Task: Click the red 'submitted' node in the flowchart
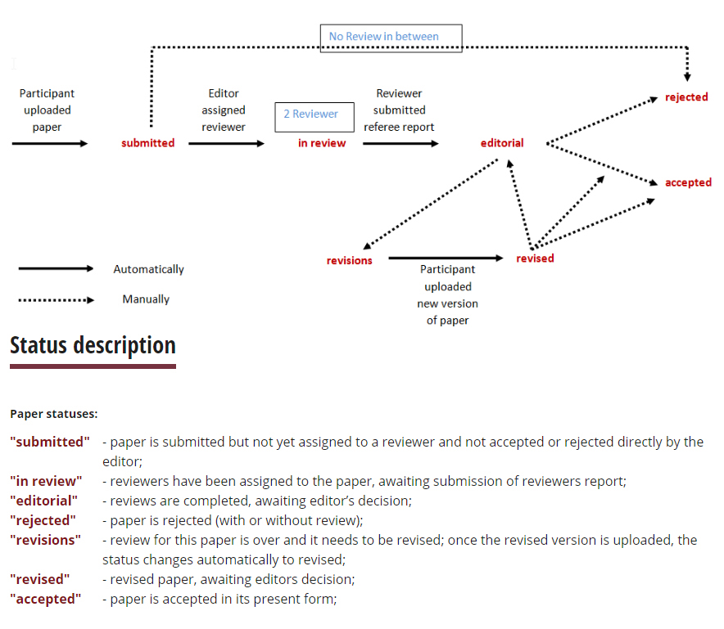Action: pos(148,143)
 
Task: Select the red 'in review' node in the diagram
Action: pos(322,143)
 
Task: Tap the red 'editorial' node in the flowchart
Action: pos(502,143)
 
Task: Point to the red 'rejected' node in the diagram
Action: pos(686,97)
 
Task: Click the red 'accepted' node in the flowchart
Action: pos(688,182)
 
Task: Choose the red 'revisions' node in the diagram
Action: pos(350,261)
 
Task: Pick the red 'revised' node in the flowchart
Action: pos(535,258)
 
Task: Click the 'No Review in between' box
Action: pos(391,38)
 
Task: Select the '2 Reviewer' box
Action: pos(314,115)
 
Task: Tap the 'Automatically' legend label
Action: pos(148,269)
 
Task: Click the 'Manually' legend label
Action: pos(146,299)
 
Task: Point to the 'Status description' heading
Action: pos(93,346)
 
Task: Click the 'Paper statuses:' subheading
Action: pos(54,415)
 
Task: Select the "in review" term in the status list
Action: pos(46,481)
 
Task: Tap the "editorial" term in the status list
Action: pos(43,501)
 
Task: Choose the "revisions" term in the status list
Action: pos(45,540)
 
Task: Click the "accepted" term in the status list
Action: pos(46,599)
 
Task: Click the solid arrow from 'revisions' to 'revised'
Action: pos(446,258)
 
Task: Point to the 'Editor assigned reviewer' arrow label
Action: pos(223,110)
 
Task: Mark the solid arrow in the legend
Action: pos(56,268)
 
